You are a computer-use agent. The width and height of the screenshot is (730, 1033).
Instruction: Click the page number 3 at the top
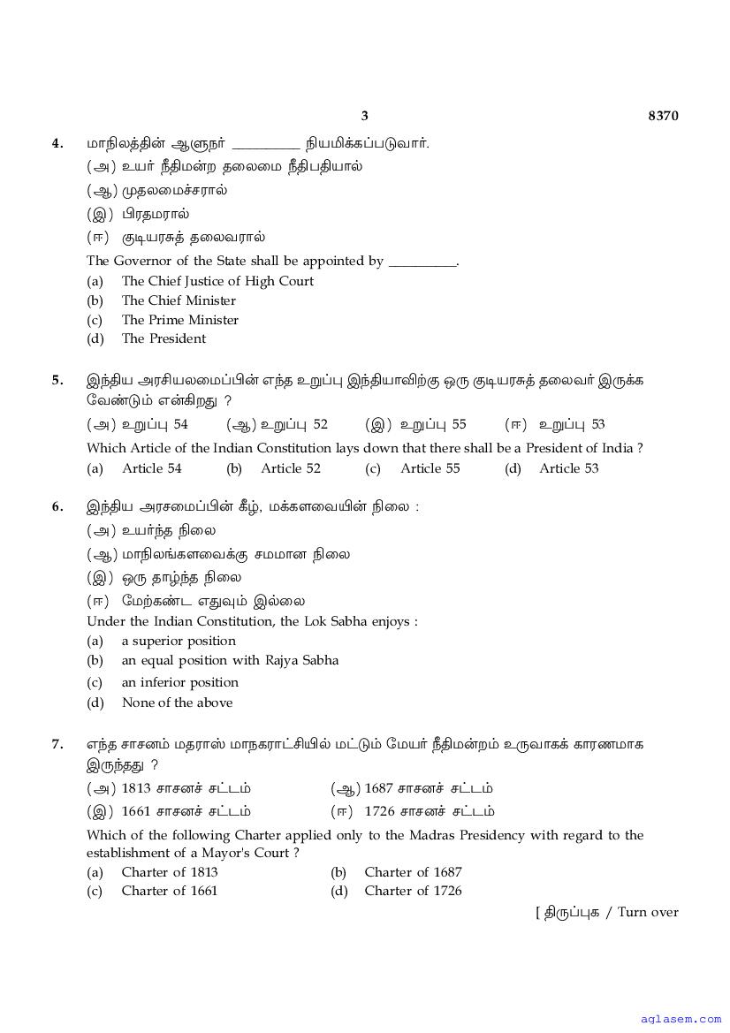click(364, 116)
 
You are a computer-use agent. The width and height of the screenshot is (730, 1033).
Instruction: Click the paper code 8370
click(663, 116)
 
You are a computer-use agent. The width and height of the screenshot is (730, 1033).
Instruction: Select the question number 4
click(57, 142)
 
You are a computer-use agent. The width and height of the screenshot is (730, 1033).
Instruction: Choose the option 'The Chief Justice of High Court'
click(217, 281)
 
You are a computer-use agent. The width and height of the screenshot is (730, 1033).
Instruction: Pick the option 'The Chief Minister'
click(179, 300)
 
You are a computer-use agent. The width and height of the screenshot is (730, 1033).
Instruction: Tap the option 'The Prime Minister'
click(179, 320)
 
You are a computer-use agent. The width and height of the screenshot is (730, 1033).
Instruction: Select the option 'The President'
click(163, 338)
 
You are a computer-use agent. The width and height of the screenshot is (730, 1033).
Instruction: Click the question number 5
click(57, 380)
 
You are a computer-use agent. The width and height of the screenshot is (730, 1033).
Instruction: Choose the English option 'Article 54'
click(152, 468)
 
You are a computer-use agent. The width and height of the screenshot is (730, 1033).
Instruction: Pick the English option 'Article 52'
click(291, 468)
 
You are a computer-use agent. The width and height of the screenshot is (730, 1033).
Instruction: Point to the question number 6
click(57, 506)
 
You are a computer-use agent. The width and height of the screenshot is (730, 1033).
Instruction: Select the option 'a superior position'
click(179, 641)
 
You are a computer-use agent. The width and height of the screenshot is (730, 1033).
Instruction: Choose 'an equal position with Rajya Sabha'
click(230, 660)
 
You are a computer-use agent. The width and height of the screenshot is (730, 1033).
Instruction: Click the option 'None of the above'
click(177, 703)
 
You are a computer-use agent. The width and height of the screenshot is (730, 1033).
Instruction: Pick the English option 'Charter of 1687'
click(413, 872)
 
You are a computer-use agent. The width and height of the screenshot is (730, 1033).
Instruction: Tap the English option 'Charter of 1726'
click(413, 891)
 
